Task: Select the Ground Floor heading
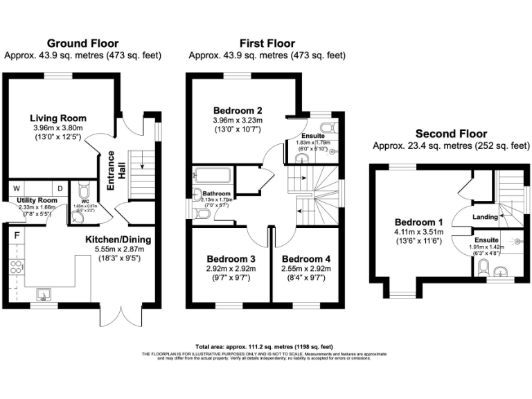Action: click(x=82, y=44)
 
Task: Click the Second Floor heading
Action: click(x=451, y=134)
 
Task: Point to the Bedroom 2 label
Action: click(x=238, y=110)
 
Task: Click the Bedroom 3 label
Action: click(x=227, y=259)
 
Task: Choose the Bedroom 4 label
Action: click(x=306, y=259)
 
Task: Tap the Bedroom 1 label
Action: click(x=409, y=222)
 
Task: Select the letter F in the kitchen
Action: click(x=16, y=234)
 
